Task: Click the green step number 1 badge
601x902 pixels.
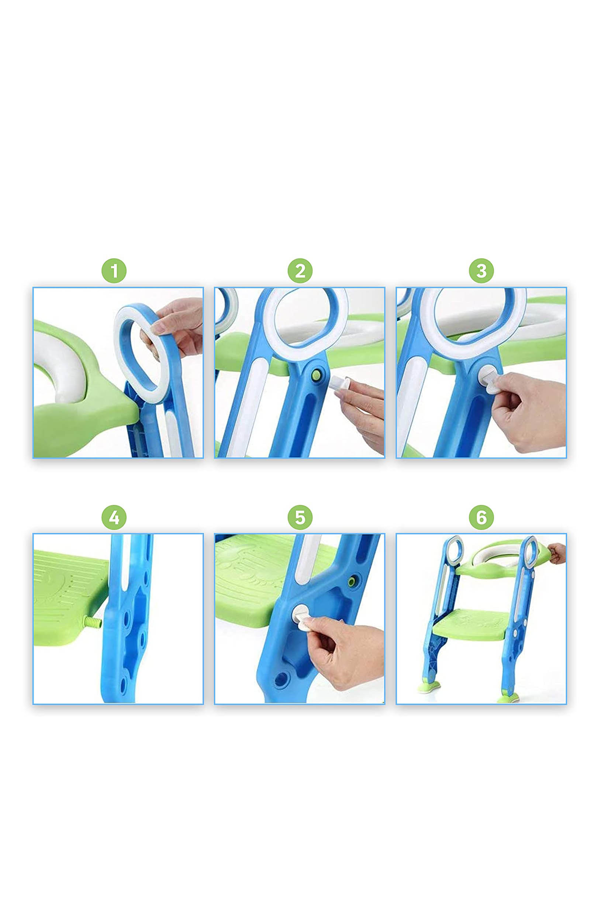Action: coord(114,271)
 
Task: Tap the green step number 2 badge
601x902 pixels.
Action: coord(300,271)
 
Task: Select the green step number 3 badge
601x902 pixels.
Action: coord(481,271)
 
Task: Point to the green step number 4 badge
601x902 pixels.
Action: coord(114,517)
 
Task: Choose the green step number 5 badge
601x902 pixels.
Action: coord(300,517)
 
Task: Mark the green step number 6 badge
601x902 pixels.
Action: coord(481,517)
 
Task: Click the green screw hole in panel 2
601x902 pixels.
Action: coord(317,375)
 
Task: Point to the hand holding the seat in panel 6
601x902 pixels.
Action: coord(557,553)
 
